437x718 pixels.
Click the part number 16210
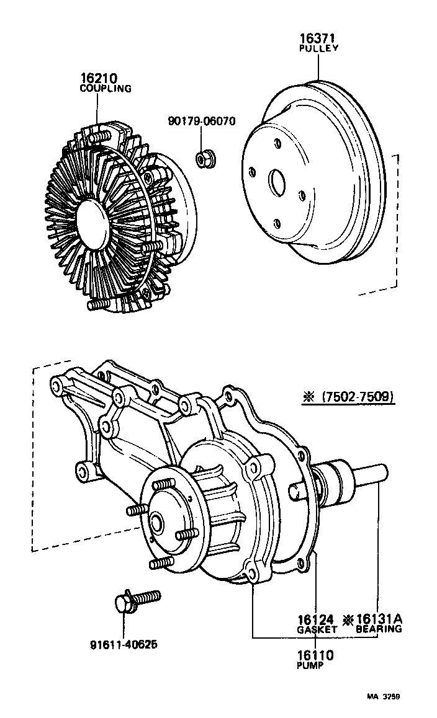[x=98, y=78]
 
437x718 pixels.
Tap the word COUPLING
[x=105, y=89]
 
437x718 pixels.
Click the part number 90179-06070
[x=202, y=122]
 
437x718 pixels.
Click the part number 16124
[x=315, y=619]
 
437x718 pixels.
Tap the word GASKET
[x=317, y=629]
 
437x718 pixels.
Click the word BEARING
[x=379, y=629]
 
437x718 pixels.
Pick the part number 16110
[x=315, y=655]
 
